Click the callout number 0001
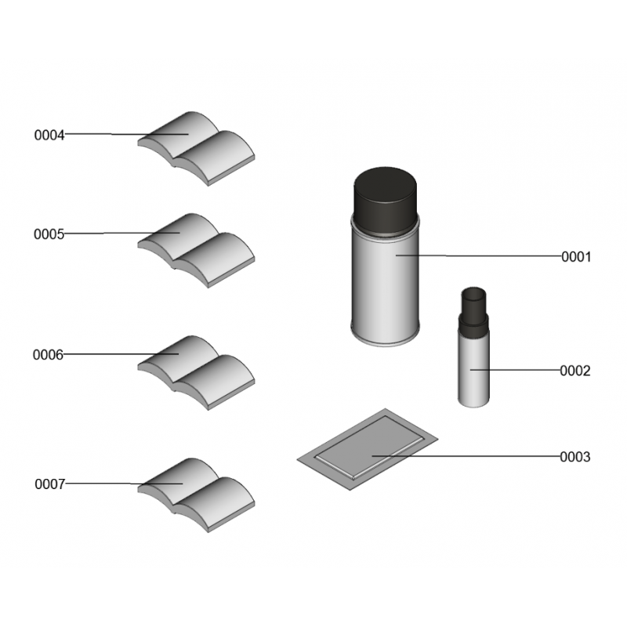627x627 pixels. coord(576,257)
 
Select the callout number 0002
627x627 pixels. coord(575,371)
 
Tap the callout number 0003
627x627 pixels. coord(575,457)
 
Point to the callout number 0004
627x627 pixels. coord(49,135)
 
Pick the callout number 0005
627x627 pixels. coord(49,234)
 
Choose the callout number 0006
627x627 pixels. coord(48,355)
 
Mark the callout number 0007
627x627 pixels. coord(50,484)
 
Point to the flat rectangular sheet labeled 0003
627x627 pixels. coord(368,449)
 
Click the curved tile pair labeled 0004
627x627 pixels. coord(196,149)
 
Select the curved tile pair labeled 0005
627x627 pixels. coord(196,251)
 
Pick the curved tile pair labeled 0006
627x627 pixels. coord(196,373)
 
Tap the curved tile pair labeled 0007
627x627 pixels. coord(196,495)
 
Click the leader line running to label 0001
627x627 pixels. coord(479,256)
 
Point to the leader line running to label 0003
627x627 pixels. coord(466,455)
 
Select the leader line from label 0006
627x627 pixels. coord(121,354)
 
